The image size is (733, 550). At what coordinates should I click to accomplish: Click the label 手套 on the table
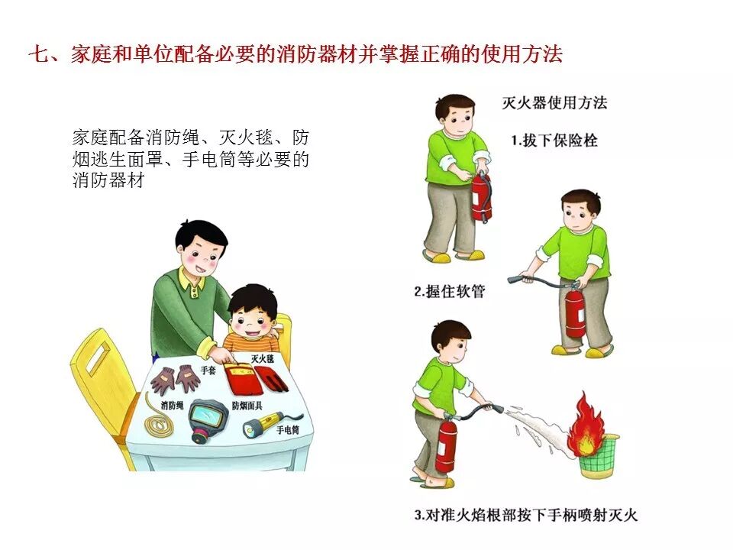click(208, 370)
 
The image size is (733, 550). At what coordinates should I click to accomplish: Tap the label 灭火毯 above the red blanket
click(262, 359)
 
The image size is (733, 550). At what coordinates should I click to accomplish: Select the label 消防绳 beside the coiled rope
click(172, 405)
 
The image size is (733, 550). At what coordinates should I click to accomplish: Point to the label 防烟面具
click(247, 406)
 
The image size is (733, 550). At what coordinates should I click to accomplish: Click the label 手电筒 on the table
click(288, 430)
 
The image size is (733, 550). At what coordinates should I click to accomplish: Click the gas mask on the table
click(208, 420)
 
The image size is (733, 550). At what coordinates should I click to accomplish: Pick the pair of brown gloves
click(176, 380)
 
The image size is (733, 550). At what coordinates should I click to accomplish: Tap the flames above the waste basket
click(586, 425)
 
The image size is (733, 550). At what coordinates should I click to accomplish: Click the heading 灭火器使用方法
click(554, 102)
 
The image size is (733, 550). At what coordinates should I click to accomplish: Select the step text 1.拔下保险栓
click(554, 140)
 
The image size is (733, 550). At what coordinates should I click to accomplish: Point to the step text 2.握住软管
click(450, 291)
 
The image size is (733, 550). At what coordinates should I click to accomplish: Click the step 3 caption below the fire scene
click(526, 515)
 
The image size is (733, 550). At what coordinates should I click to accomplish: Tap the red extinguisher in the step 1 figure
click(481, 196)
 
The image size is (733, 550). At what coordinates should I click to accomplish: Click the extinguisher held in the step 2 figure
click(575, 312)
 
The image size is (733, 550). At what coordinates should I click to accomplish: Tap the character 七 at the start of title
click(37, 54)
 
